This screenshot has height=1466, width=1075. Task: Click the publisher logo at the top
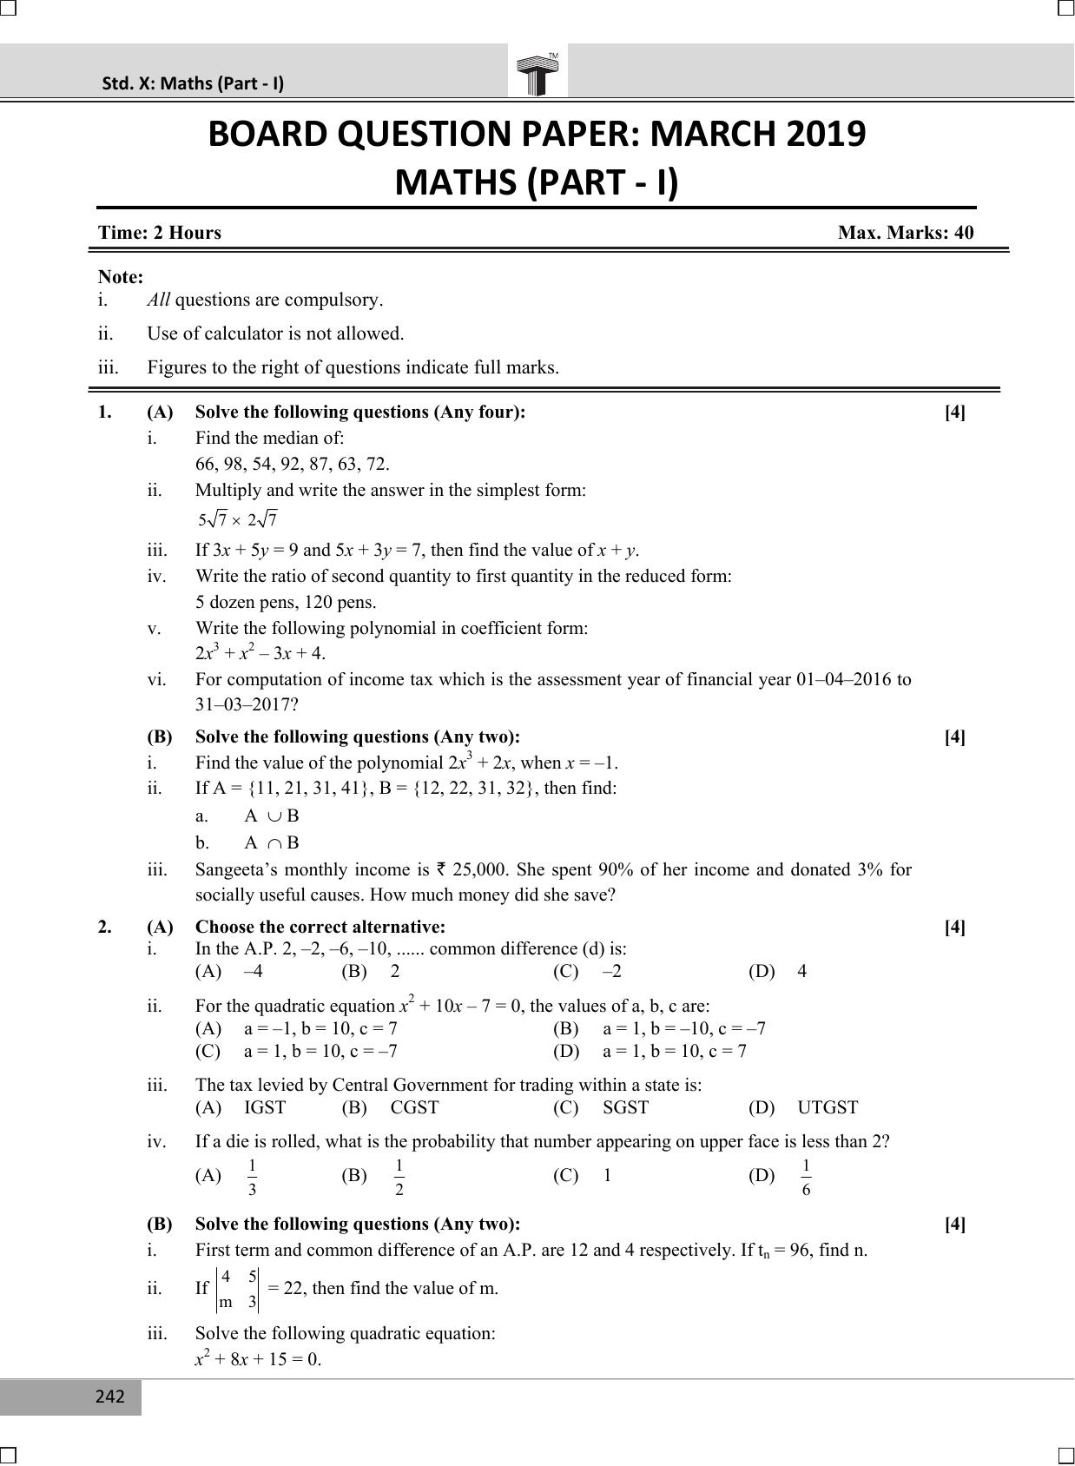[537, 73]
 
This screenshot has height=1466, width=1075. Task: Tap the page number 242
[110, 1397]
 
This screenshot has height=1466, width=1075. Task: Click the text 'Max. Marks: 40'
[906, 233]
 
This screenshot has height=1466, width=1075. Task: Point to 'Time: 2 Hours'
[160, 233]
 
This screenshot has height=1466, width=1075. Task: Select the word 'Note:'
[121, 277]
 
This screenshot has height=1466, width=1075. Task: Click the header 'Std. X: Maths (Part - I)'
[193, 83]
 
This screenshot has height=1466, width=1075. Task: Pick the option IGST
[265, 1107]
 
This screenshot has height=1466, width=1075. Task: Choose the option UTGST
[828, 1107]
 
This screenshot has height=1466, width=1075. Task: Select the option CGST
[414, 1107]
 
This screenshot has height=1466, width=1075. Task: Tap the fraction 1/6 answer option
[806, 1177]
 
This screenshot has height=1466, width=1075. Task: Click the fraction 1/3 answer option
[252, 1177]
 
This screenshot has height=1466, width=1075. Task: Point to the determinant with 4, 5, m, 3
[238, 1289]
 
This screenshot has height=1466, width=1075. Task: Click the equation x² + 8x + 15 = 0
[258, 1359]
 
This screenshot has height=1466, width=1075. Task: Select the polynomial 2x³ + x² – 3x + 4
[261, 653]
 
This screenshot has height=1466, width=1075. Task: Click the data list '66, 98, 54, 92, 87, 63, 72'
[292, 464]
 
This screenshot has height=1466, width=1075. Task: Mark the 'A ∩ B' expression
[272, 842]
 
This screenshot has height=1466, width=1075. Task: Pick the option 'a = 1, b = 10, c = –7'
[320, 1051]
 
